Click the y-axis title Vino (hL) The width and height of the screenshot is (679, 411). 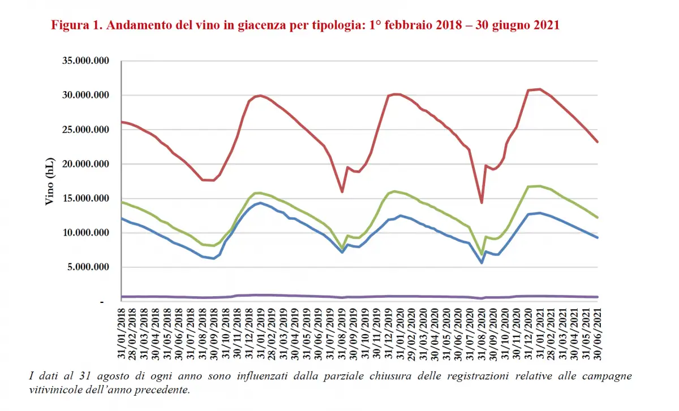[50, 181]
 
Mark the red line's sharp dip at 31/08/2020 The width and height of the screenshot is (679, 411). [482, 203]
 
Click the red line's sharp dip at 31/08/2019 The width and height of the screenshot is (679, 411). [342, 192]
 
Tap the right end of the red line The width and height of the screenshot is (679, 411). [598, 142]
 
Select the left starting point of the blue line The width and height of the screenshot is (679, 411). [122, 218]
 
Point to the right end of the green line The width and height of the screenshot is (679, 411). [598, 217]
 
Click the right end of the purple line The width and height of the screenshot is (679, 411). [598, 297]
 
